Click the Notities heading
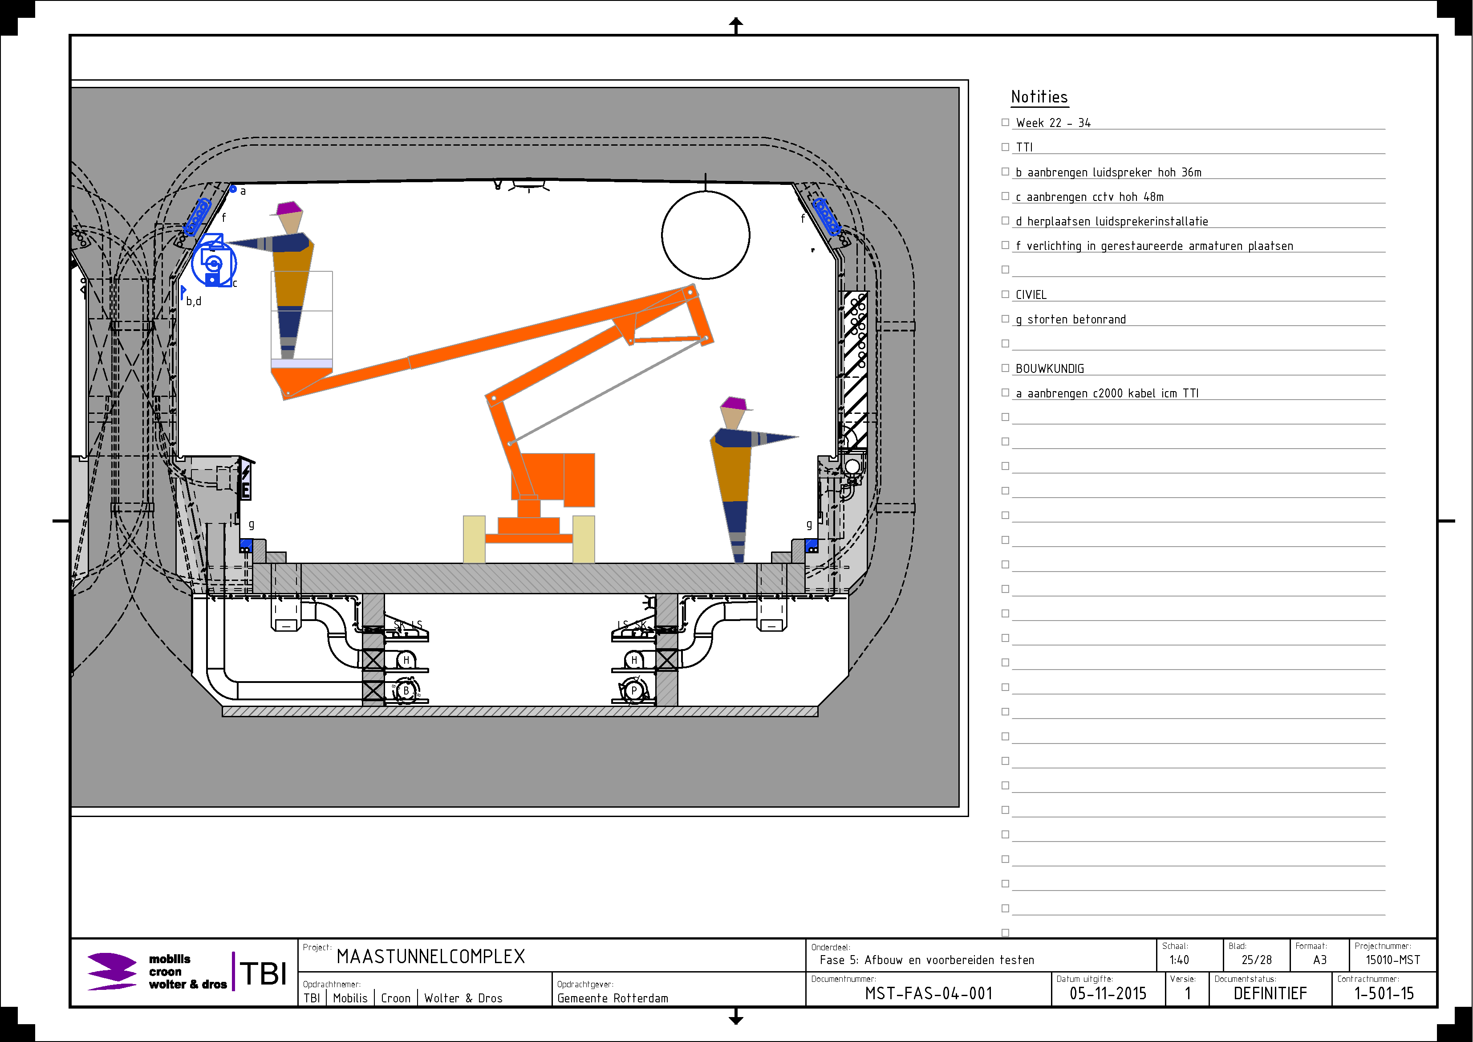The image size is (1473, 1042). [x=1039, y=97]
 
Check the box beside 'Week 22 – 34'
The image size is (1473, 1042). [x=1005, y=122]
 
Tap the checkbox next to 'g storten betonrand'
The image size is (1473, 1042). [x=1005, y=319]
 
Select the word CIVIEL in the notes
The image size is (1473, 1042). [x=1031, y=294]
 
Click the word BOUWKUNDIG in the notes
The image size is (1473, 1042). [x=1050, y=368]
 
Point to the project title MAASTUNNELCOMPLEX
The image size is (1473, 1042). [x=430, y=956]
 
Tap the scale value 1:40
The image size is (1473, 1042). [x=1179, y=960]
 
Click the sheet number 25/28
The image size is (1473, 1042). [x=1256, y=960]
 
